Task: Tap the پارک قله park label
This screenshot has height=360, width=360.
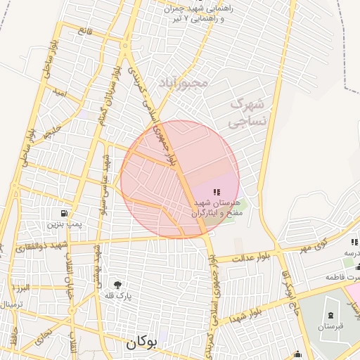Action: tap(120, 297)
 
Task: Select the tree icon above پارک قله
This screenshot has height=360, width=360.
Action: tap(117, 285)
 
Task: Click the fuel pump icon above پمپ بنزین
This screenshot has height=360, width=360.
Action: tap(65, 213)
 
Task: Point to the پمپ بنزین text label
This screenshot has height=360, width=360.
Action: tap(65, 224)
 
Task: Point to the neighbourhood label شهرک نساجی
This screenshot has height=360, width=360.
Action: tap(247, 112)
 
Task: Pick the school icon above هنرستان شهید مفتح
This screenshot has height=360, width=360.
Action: tap(216, 191)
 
